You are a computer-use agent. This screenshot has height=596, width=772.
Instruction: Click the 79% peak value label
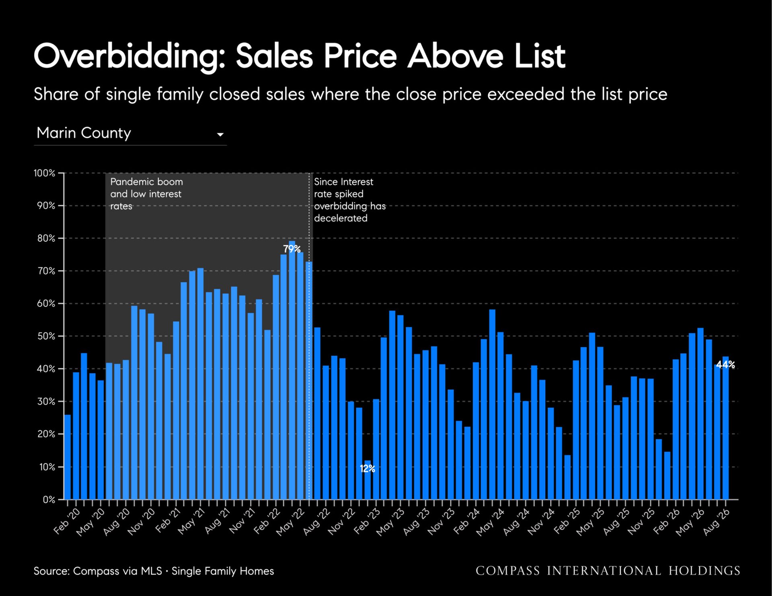pos(292,249)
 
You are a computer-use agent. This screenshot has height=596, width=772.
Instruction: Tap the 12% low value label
pos(367,469)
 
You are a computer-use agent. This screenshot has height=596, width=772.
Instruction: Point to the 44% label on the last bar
pos(725,365)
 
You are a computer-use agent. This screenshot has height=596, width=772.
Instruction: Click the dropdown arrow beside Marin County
pos(220,135)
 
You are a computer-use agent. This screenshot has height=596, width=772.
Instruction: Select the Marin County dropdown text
pos(84,133)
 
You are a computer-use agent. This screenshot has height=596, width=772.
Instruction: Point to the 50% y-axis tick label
pos(46,336)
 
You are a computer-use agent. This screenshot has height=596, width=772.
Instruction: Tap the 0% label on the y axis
pos(49,500)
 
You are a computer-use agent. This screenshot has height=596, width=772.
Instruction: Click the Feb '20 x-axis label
pos(67,521)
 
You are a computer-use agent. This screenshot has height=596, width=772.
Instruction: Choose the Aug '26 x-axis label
pos(717,522)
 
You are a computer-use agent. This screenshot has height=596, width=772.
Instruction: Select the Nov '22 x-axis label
pos(342,522)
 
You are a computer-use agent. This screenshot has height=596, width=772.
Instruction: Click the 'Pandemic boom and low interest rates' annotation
pos(146,194)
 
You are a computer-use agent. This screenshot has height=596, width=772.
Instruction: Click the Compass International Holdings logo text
pos(608,571)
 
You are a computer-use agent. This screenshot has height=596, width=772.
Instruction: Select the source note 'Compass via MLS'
pos(118,571)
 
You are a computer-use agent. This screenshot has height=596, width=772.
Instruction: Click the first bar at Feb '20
pos(67,457)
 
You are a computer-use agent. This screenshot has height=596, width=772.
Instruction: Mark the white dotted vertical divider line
pos(309,336)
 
